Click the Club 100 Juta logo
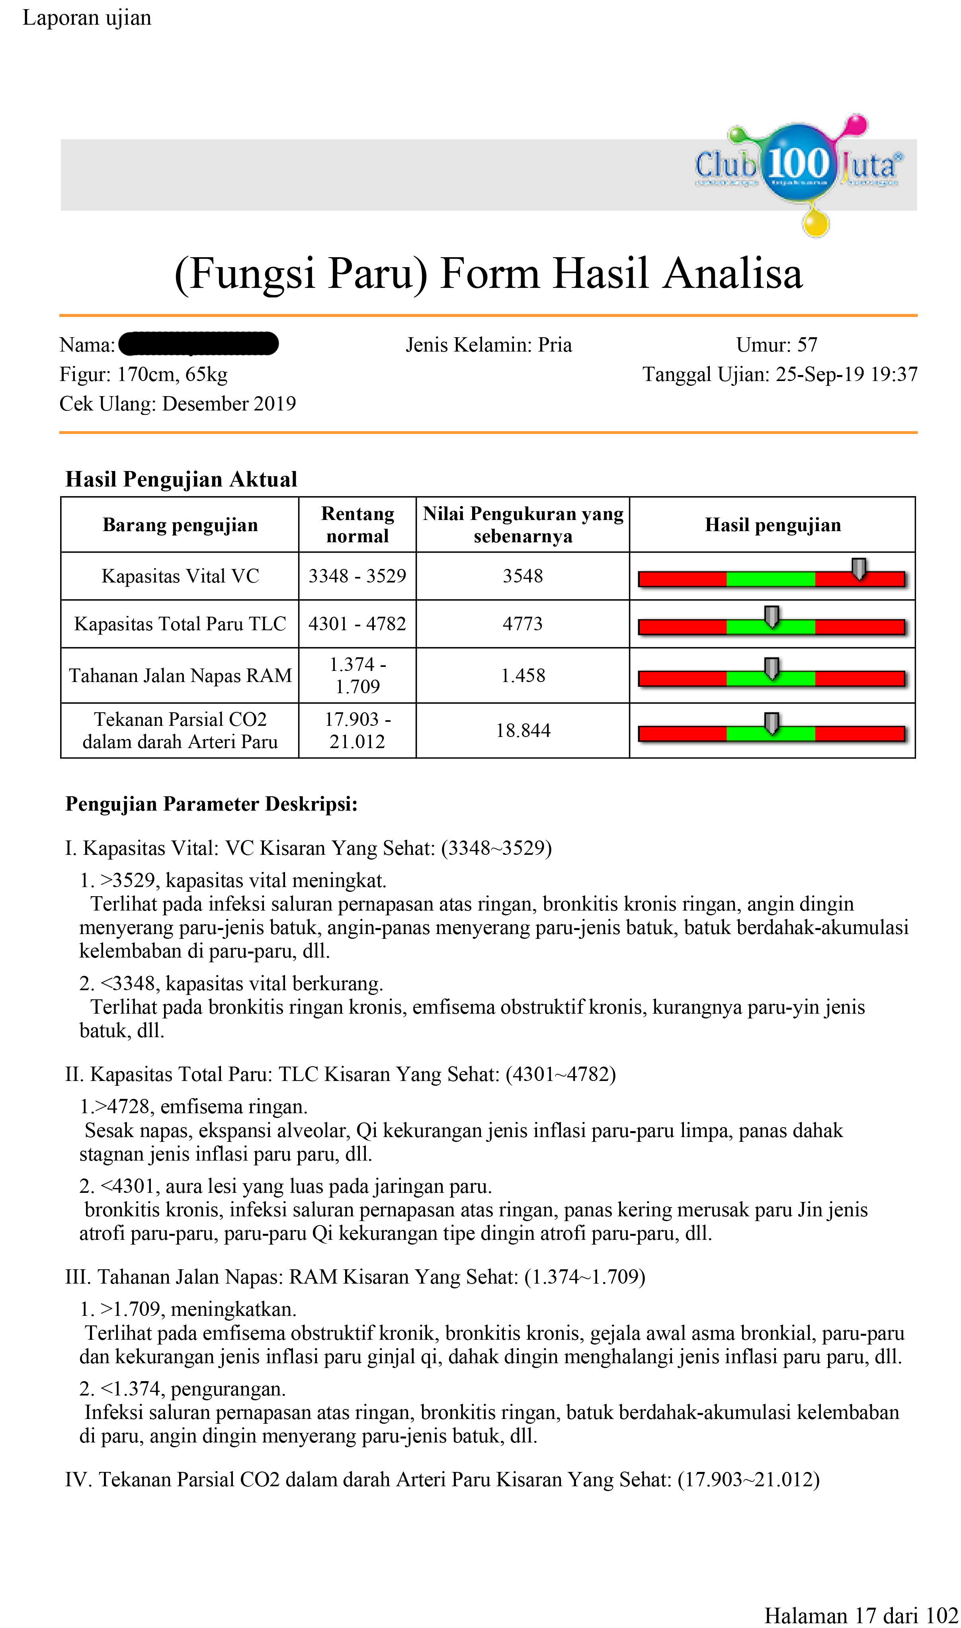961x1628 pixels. point(799,166)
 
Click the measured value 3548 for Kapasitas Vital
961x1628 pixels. point(523,576)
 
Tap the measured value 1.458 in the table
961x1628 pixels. point(523,675)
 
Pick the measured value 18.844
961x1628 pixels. point(523,731)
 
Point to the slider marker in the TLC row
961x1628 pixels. point(771,616)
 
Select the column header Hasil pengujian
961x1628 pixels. point(773,524)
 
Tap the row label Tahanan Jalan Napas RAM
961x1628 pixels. point(180,675)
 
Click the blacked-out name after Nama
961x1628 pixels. point(199,344)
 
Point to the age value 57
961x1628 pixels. point(807,344)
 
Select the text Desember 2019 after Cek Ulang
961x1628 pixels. point(229,403)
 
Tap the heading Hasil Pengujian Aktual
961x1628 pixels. point(181,479)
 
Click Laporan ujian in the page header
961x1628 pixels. point(87,18)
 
